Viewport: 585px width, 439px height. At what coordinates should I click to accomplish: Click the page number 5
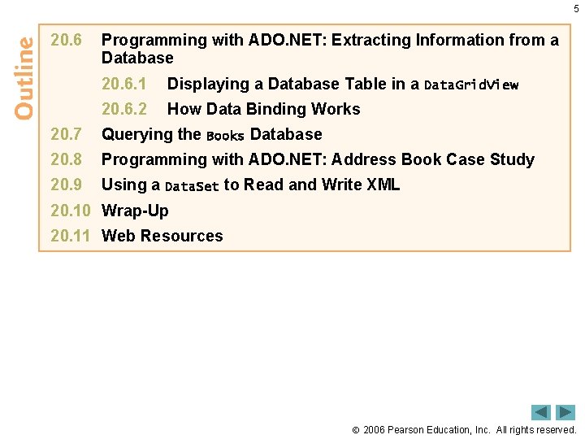576,9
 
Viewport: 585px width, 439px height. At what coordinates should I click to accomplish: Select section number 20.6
67,40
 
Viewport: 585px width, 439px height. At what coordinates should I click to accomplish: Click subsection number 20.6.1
123,84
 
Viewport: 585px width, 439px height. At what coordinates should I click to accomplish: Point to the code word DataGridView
471,85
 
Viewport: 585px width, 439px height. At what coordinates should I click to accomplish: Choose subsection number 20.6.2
123,109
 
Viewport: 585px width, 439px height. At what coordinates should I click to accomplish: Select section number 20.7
67,134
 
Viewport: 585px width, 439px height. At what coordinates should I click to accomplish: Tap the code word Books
225,136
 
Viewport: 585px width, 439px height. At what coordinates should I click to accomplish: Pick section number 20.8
67,159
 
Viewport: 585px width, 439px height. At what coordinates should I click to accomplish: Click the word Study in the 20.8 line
513,159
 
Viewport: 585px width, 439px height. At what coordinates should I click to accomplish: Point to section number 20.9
67,185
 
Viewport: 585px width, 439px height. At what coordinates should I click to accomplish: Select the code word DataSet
192,186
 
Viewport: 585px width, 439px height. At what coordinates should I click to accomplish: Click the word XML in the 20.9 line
383,185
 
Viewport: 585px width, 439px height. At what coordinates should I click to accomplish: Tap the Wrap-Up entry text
135,211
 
